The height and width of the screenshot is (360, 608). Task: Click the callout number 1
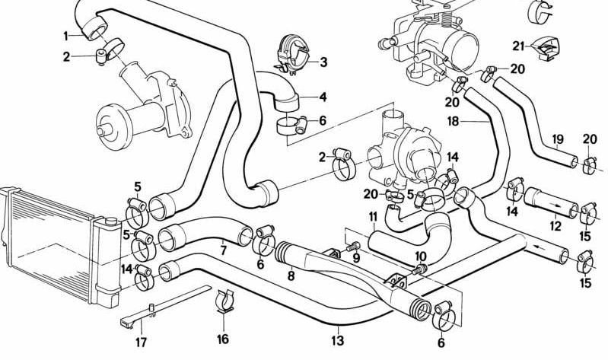tap(66, 35)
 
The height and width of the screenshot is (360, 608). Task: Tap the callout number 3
tap(323, 62)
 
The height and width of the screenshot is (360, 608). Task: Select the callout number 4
tap(323, 97)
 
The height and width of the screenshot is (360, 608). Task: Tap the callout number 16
tap(222, 339)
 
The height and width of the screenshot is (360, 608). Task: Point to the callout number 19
tap(558, 139)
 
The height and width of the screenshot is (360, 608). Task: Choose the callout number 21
tap(518, 46)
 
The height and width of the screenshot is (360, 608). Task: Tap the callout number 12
tap(555, 226)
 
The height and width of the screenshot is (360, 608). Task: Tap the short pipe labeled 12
tap(544, 202)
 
